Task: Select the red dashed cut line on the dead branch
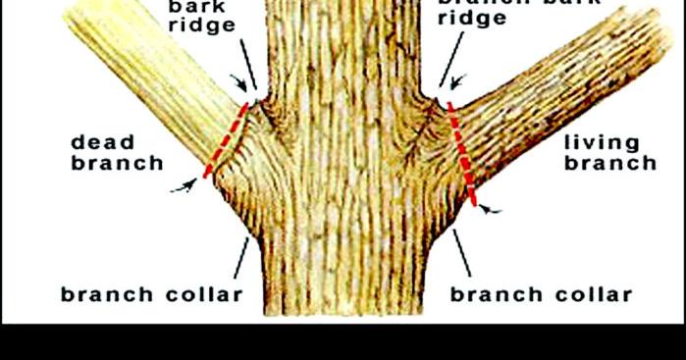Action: point(225,140)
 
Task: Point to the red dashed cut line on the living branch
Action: point(460,152)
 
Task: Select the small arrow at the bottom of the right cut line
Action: point(495,209)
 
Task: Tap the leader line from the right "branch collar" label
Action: point(462,255)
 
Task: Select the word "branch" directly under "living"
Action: point(609,163)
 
